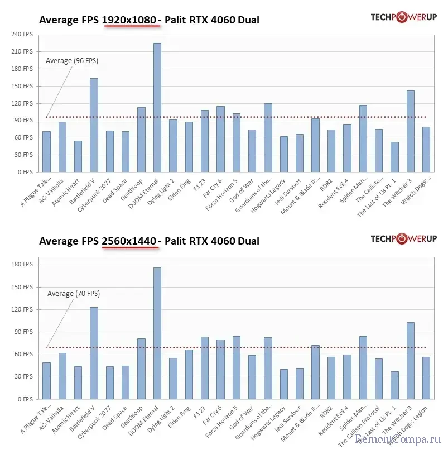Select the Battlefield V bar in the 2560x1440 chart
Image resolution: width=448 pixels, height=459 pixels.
click(94, 353)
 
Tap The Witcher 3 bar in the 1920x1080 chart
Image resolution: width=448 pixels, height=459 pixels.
click(411, 131)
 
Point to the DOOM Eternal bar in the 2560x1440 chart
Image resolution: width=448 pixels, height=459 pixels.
click(157, 333)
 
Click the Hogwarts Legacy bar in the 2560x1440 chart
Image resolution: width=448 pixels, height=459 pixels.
click(284, 384)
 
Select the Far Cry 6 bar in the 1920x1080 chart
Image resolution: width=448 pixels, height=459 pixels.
click(220, 139)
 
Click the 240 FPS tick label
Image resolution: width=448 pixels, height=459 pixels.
click(23, 35)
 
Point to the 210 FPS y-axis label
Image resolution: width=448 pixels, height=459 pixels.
click(23, 52)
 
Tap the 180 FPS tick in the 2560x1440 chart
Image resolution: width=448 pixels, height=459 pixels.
click(23, 264)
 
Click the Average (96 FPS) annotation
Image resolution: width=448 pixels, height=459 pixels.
click(72, 61)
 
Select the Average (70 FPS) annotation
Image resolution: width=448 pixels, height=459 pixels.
click(73, 293)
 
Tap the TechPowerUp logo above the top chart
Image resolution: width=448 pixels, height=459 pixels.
click(403, 17)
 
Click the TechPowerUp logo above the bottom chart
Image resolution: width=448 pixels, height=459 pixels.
click(403, 239)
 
